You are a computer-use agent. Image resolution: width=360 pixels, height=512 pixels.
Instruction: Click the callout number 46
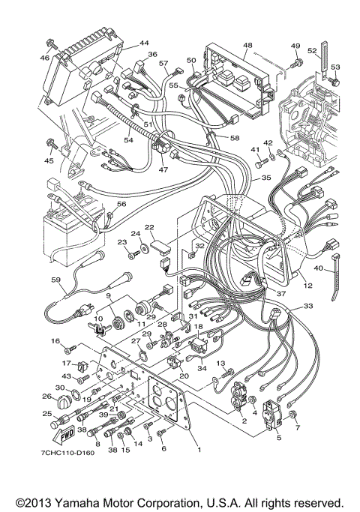coord(44,57)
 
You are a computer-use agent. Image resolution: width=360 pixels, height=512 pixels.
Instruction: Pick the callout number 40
coord(319,268)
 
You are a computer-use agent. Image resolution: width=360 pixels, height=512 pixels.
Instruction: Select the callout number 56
coord(121,204)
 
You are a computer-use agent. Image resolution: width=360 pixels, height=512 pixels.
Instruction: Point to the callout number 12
coord(307,286)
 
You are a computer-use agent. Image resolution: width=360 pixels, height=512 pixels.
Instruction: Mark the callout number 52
coord(312,50)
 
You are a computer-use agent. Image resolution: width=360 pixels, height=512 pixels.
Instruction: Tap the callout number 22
coord(149,227)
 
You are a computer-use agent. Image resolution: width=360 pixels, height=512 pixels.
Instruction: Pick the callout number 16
coord(55,341)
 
